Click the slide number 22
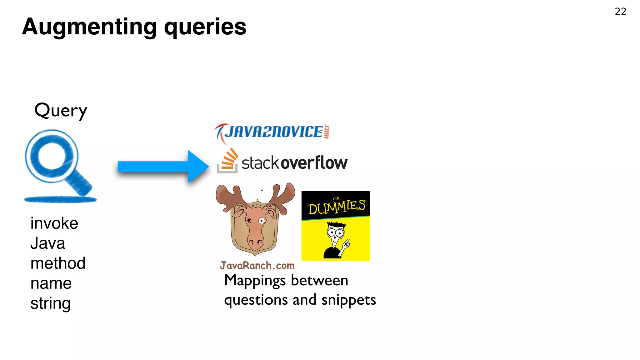620,12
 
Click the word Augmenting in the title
89,27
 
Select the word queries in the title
205,27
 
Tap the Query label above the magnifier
61,111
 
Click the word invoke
54,223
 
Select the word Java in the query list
48,243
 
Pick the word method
58,263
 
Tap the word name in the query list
51,283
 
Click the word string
50,303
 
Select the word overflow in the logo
314,163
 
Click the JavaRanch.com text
257,266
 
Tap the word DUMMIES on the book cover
336,207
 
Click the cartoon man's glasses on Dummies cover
335,232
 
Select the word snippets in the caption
348,300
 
